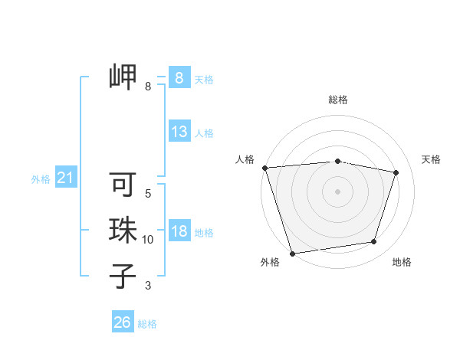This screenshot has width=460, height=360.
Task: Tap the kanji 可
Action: [x=123, y=185]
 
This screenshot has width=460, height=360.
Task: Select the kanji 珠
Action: [x=123, y=230]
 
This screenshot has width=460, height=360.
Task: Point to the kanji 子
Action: [x=123, y=276]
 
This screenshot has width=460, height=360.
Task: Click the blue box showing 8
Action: [x=179, y=77]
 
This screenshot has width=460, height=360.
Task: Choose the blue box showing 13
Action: [x=179, y=132]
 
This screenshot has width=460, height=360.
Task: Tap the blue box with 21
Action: [x=65, y=178]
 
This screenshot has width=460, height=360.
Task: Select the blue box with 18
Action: [x=179, y=231]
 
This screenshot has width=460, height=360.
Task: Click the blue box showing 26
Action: [x=122, y=322]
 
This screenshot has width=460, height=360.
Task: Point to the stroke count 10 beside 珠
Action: [x=148, y=240]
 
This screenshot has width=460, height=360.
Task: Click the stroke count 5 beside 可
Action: [x=148, y=194]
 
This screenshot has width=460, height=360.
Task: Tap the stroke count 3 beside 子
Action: [x=148, y=286]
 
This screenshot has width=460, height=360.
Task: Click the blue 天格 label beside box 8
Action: [x=204, y=80]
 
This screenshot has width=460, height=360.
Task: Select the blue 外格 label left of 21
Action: [x=41, y=179]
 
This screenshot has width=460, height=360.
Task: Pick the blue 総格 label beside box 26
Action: [x=147, y=324]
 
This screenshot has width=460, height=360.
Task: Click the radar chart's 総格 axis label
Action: [x=338, y=100]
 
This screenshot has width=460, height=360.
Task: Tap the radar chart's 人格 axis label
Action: [x=245, y=159]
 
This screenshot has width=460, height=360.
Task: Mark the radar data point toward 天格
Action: [x=396, y=172]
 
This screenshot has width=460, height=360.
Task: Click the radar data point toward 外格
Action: [x=292, y=254]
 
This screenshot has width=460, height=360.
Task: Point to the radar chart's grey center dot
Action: [x=337, y=191]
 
